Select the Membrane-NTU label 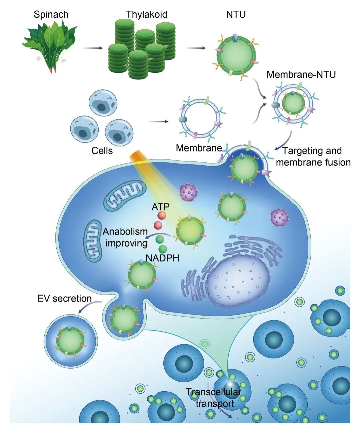point(301,74)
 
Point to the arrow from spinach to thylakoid point(93,48)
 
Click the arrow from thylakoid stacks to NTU point(195,48)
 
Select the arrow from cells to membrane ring point(158,121)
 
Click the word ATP point(161,207)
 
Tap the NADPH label point(162,258)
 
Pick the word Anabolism point(125,232)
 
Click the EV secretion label point(64,299)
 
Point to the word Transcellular point(213,392)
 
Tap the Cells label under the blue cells point(102,151)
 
